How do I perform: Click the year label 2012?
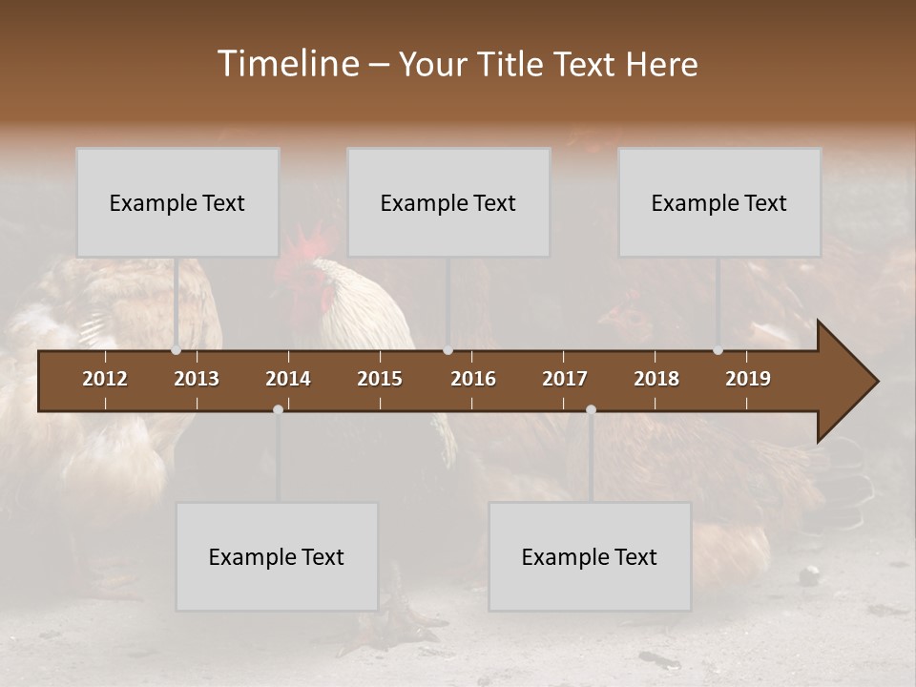105,379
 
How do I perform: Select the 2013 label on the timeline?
197,379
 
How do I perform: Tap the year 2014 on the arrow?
288,379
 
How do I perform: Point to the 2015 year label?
380,379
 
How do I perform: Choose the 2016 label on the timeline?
473,379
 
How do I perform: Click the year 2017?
565,379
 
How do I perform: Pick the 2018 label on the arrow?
656,379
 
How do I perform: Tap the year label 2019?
748,379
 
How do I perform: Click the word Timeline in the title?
287,64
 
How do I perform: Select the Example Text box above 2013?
177,202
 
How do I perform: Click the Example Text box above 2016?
448,202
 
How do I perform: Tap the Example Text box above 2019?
719,202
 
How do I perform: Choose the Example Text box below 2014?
277,556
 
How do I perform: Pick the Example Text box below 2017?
590,556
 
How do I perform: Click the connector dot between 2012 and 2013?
176,350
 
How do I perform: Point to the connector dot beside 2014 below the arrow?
278,409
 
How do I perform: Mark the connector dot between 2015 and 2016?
448,350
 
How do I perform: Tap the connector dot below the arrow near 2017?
591,409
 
